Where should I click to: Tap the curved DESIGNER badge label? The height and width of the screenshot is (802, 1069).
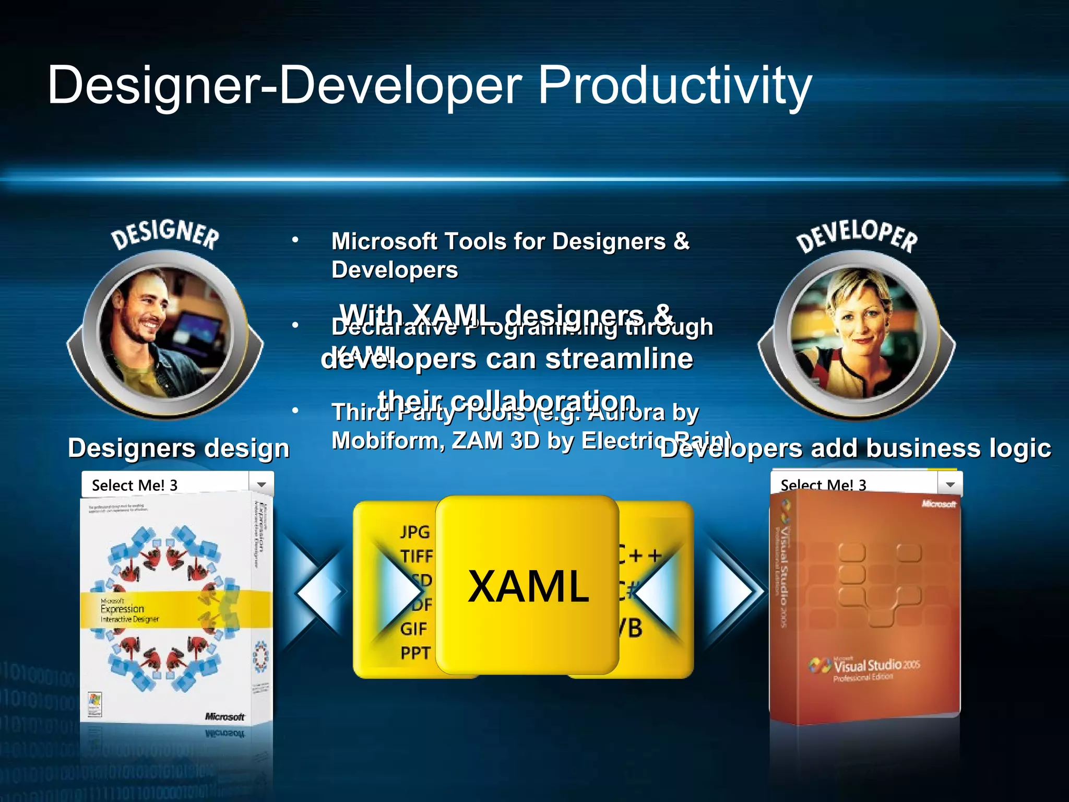click(x=165, y=234)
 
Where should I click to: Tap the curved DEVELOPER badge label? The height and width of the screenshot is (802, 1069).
click(x=856, y=236)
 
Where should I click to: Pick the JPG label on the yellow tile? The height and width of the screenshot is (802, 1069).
click(x=415, y=532)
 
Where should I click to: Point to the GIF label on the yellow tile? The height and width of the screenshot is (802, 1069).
click(x=413, y=629)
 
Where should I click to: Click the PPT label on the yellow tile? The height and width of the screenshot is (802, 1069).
click(x=415, y=653)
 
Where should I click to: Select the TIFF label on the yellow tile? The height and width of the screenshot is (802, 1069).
click(x=417, y=556)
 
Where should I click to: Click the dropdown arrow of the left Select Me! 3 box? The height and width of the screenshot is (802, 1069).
click(x=261, y=485)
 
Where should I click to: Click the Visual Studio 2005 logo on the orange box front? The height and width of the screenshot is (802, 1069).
click(x=866, y=667)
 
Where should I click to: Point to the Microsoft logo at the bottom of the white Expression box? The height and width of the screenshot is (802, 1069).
click(x=224, y=716)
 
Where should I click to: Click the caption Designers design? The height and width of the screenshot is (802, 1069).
click(x=179, y=448)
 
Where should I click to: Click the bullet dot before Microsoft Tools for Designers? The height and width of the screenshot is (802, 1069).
click(x=295, y=240)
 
